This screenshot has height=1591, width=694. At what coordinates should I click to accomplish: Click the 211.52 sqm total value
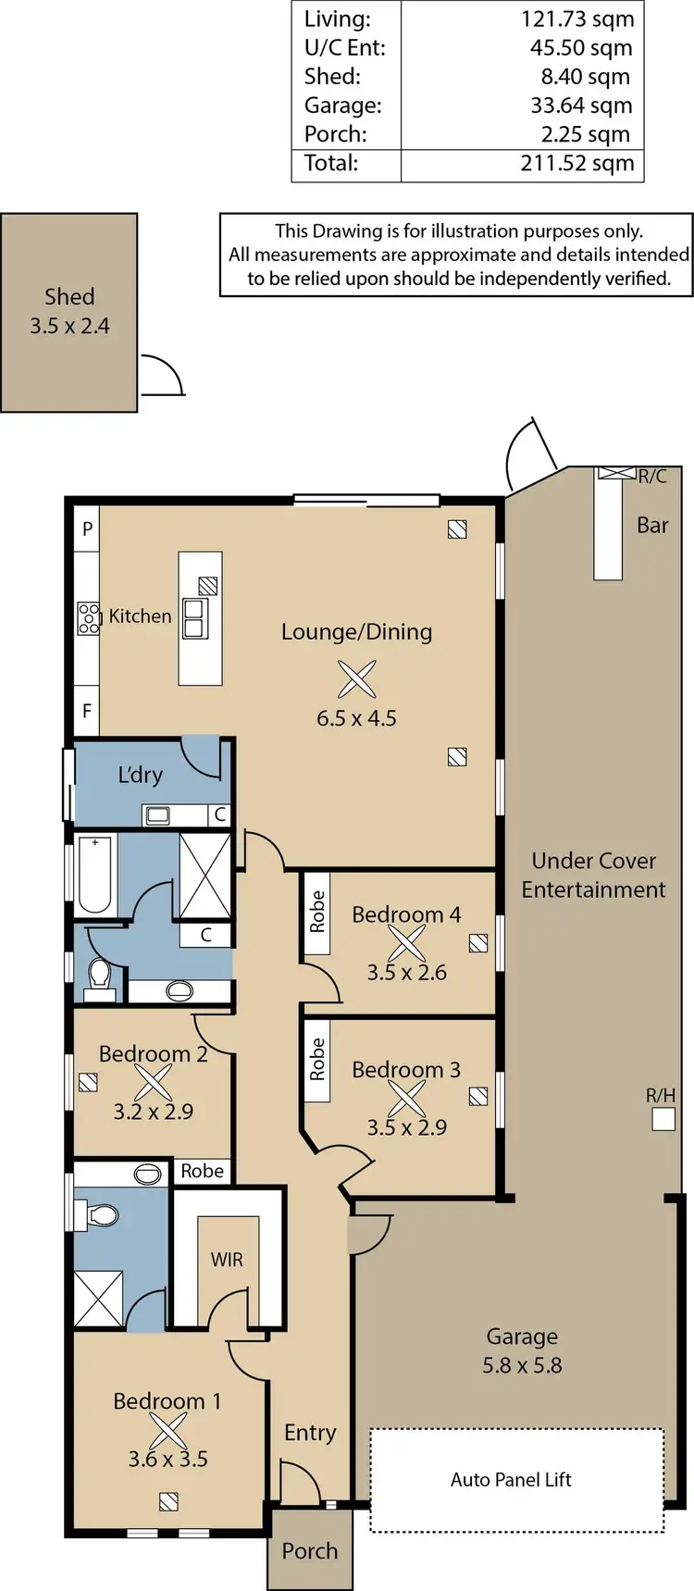click(x=576, y=164)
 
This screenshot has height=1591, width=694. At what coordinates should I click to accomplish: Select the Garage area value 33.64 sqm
click(x=581, y=106)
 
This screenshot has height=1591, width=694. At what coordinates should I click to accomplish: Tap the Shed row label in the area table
click(x=332, y=77)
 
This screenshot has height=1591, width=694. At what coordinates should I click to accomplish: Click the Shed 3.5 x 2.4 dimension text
click(x=69, y=326)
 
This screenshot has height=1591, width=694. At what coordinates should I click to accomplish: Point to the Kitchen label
click(x=140, y=616)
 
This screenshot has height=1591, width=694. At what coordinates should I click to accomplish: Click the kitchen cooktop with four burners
click(x=89, y=617)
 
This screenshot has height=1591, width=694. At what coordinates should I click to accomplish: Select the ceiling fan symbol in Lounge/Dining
click(x=356, y=679)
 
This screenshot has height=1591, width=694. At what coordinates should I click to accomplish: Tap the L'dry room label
click(x=140, y=775)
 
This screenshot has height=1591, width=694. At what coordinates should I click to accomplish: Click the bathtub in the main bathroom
click(x=95, y=874)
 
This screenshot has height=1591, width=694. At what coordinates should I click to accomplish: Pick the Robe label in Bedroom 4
click(x=317, y=912)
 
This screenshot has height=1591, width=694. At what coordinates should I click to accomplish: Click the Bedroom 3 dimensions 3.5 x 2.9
click(x=406, y=1127)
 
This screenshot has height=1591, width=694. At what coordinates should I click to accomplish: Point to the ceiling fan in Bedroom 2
click(x=154, y=1082)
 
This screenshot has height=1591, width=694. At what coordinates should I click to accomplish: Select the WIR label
click(x=227, y=1260)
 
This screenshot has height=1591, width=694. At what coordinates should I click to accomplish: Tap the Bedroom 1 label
click(x=167, y=1401)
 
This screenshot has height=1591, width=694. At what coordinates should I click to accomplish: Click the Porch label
click(x=309, y=1551)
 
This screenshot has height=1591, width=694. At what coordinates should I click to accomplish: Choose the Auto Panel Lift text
click(x=511, y=1480)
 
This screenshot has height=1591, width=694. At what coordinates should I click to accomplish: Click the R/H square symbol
click(x=663, y=1120)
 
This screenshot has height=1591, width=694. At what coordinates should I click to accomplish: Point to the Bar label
click(x=652, y=526)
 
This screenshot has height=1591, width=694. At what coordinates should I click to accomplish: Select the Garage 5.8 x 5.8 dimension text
click(x=522, y=1365)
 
